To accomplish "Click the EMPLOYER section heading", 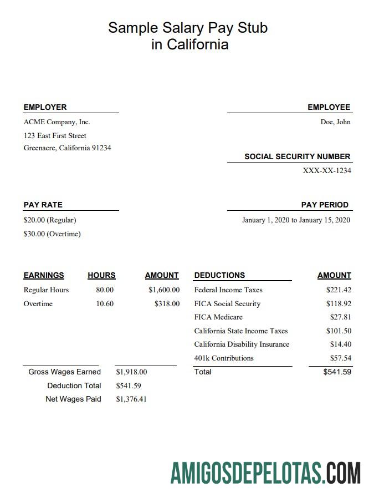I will (x=45, y=107).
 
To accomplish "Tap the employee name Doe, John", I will (x=335, y=122).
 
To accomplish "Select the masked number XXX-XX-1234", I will (x=327, y=171).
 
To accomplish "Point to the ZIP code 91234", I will (x=101, y=148).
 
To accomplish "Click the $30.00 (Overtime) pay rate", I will (x=52, y=234).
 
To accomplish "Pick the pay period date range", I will (x=296, y=220).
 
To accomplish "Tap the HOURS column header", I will (x=101, y=275).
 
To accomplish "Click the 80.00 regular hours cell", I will (x=105, y=290).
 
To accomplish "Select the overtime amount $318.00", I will (x=167, y=304).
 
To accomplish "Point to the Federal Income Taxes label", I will (x=228, y=290).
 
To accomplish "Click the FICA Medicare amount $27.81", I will (x=340, y=317).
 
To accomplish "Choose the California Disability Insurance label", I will (x=242, y=344).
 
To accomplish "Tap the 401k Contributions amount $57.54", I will (x=340, y=358).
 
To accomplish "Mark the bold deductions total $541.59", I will (x=337, y=372).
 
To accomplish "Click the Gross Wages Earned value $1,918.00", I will (x=131, y=372).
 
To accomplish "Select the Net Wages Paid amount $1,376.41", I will (x=131, y=399).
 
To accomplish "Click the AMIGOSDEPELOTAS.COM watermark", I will (x=265, y=473).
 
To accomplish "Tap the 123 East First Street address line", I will (x=55, y=136).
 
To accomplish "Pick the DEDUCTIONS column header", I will (x=219, y=275).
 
